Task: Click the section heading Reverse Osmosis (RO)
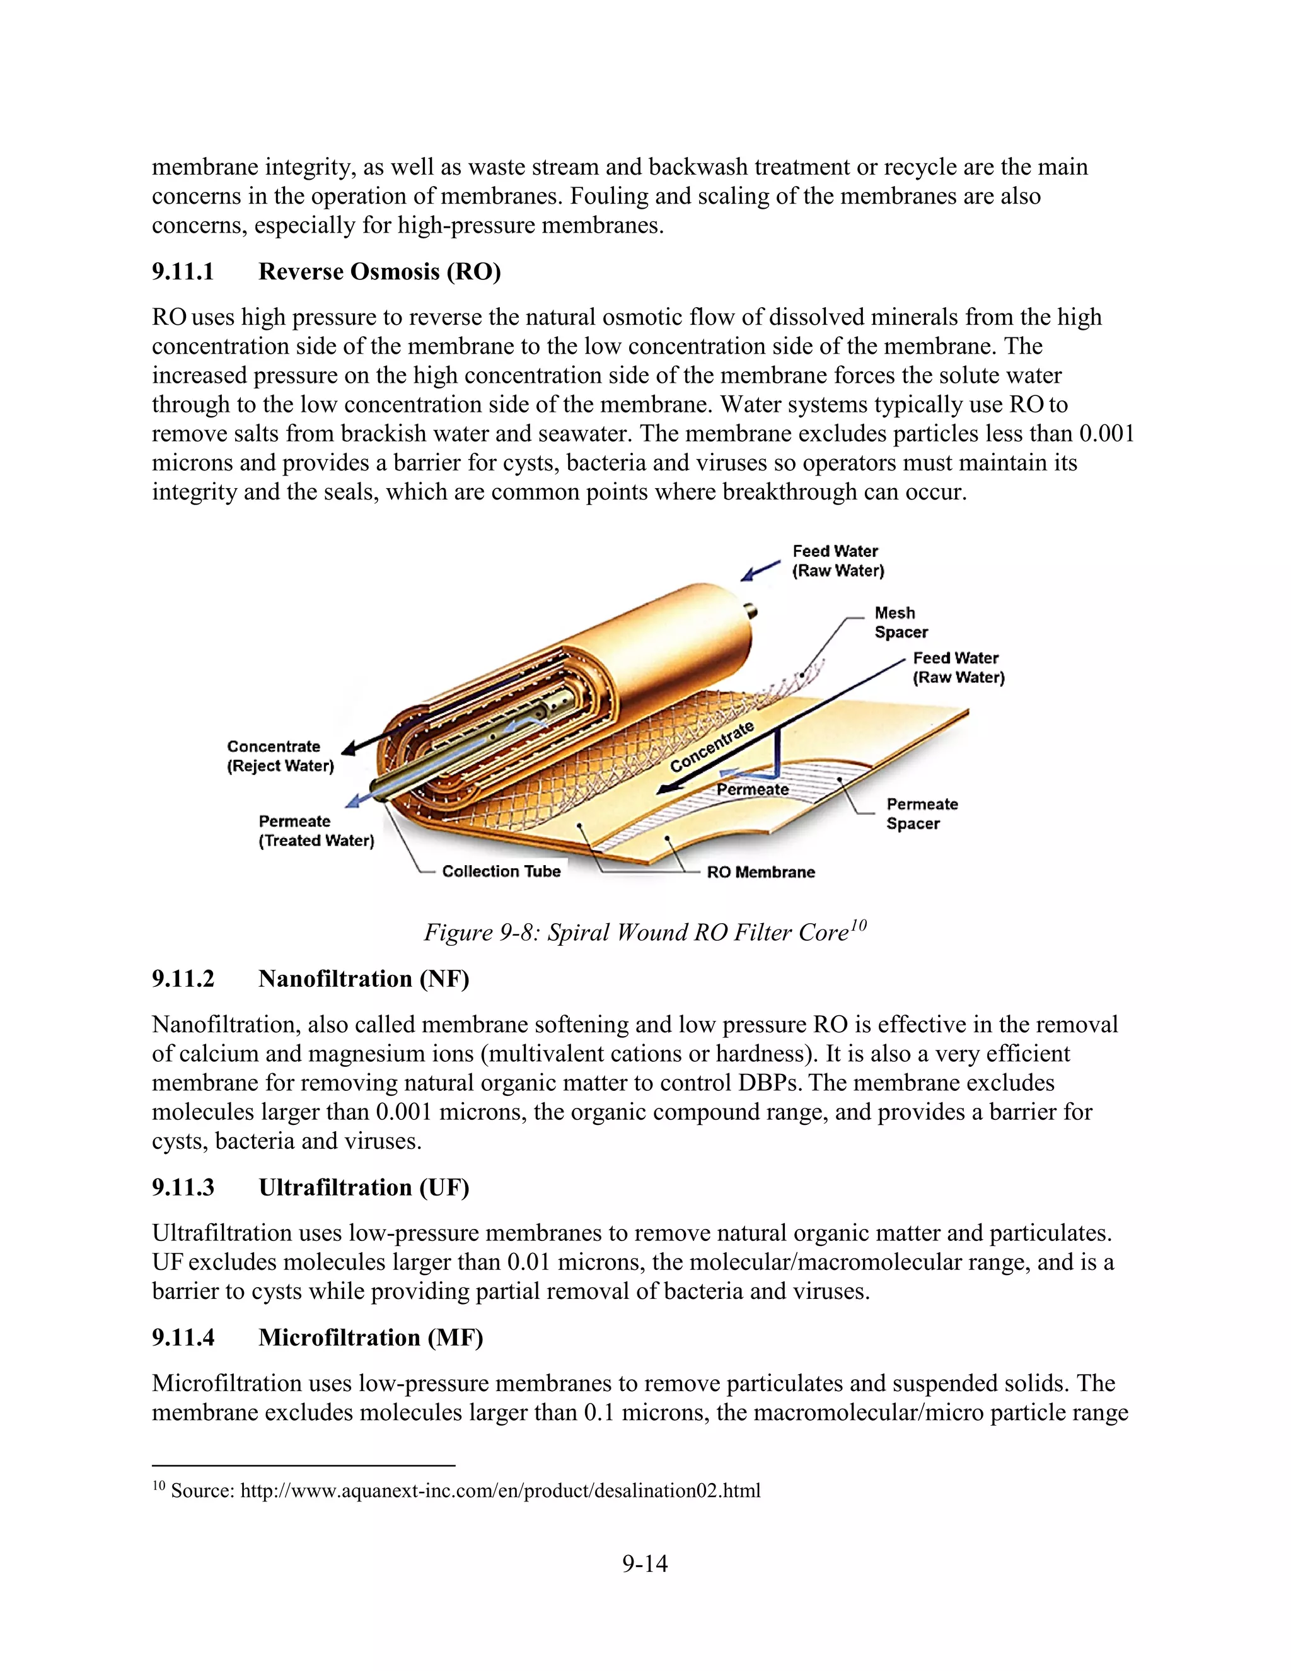[379, 272]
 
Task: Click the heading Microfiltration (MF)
[370, 1337]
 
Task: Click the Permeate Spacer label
[921, 813]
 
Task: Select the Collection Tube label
[501, 871]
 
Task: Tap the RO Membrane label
[760, 871]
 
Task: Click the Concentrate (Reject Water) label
[280, 756]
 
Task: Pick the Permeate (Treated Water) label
[316, 830]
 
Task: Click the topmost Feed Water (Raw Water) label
[838, 561]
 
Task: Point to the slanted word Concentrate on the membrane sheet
[711, 746]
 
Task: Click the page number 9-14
[645, 1564]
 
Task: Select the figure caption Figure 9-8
[645, 932]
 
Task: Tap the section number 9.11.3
[183, 1187]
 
